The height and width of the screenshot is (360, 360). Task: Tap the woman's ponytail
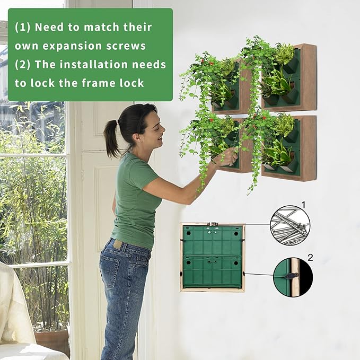[111, 139]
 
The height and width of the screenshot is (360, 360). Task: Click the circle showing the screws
[289, 225]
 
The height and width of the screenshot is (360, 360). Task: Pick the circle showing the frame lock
[293, 277]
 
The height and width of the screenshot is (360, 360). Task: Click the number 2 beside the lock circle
[311, 258]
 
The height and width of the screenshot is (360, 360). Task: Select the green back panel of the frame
[212, 257]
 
